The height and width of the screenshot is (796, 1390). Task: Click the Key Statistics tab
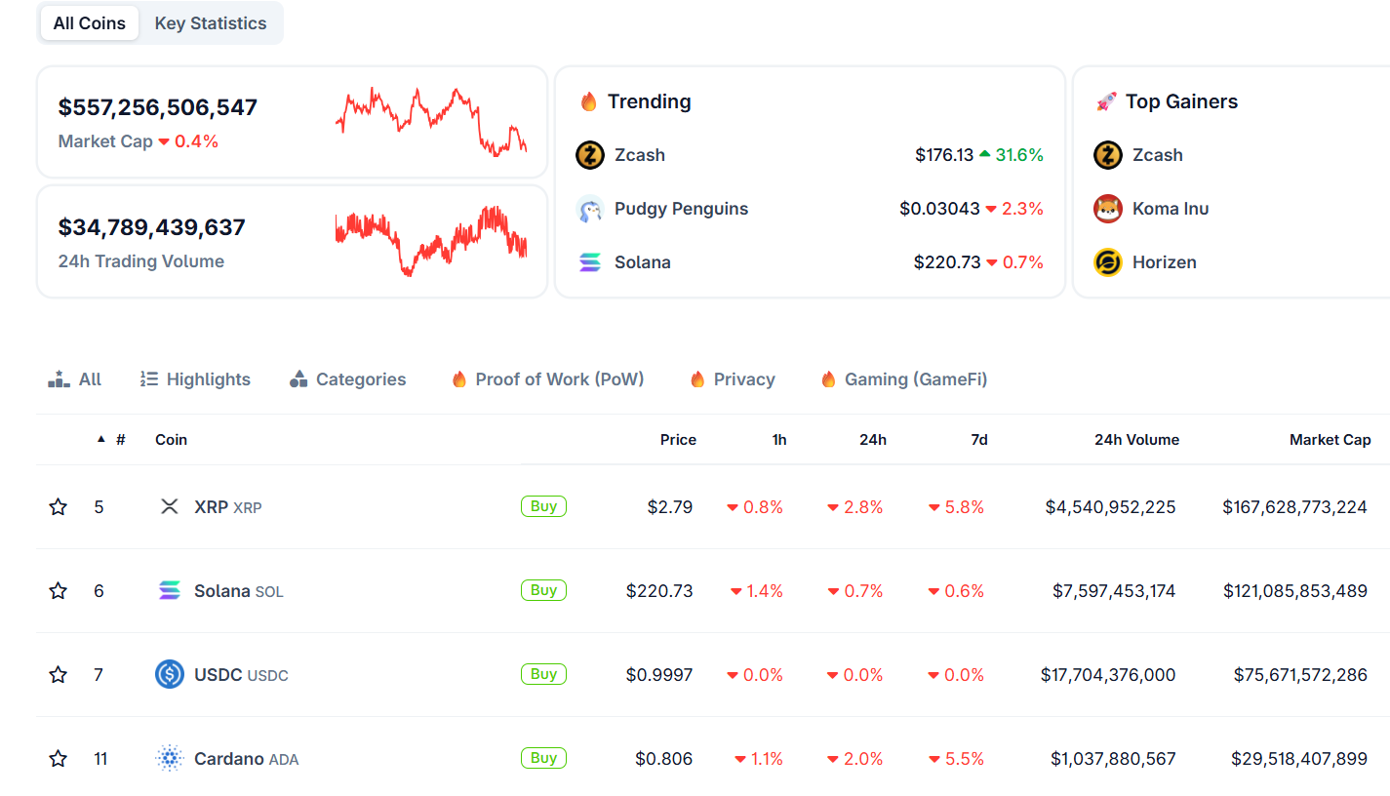(x=210, y=23)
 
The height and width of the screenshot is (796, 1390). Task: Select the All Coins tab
(x=90, y=23)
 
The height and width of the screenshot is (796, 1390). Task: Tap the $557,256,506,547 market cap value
(x=158, y=107)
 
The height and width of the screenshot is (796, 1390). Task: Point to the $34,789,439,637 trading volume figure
(x=152, y=227)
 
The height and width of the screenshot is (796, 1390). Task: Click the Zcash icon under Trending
(x=590, y=155)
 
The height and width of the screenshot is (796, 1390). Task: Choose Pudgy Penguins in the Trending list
(x=681, y=209)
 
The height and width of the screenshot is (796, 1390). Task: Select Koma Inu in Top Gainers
(x=1170, y=209)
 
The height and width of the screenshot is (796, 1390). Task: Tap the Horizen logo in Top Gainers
(x=1108, y=262)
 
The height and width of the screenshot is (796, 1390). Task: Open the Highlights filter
(x=196, y=379)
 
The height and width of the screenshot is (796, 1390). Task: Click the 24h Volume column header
(x=1136, y=440)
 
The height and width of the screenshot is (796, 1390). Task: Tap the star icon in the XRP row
(x=59, y=507)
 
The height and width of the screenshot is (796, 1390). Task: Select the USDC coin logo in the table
(x=170, y=674)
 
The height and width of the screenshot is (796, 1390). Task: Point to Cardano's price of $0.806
(x=663, y=759)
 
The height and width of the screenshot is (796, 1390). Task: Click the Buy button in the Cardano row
(x=543, y=758)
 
